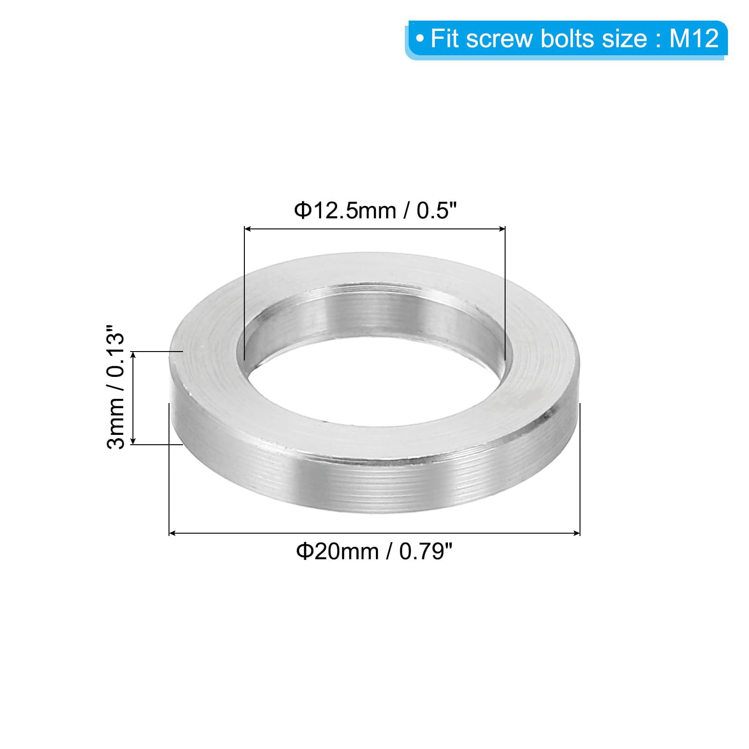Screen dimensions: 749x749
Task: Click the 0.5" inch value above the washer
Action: click(436, 211)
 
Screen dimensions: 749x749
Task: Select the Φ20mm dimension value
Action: click(337, 551)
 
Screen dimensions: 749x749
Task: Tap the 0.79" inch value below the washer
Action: click(426, 551)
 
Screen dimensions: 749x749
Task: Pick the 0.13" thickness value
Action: click(116, 351)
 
